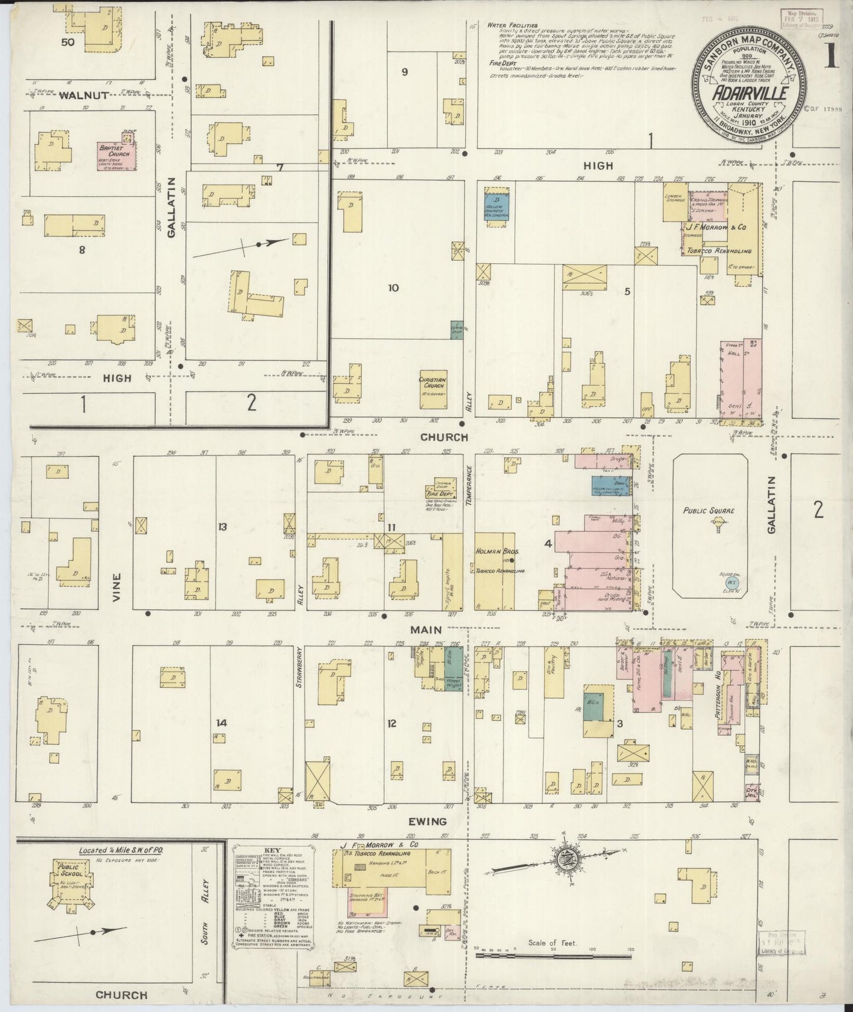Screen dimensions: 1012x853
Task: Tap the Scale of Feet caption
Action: [551, 943]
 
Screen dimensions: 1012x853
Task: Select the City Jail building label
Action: [750, 789]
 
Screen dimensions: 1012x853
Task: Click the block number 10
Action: [393, 288]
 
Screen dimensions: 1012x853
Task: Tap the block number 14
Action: [221, 722]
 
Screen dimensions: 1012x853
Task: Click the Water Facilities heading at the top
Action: [512, 26]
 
